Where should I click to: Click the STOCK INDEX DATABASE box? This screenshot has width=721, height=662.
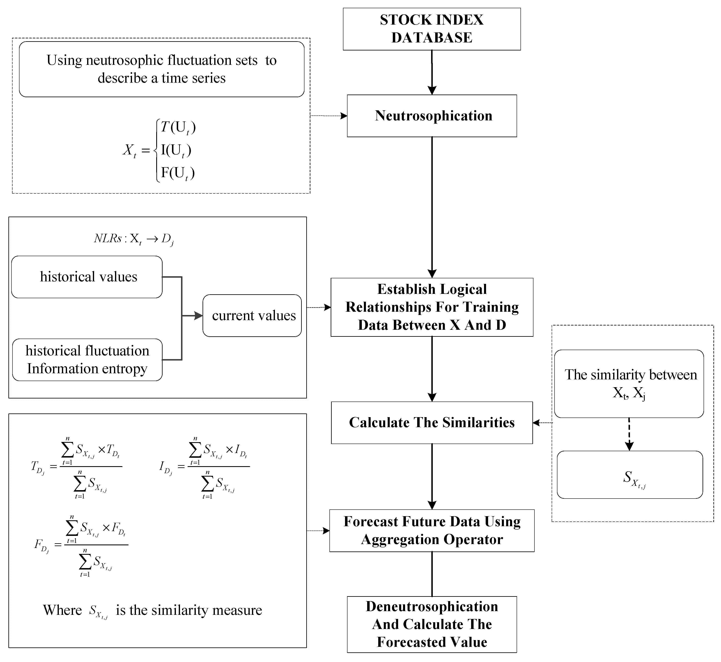(x=432, y=29)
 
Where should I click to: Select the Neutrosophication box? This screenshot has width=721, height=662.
(x=432, y=116)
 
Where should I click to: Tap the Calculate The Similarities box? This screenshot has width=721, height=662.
(x=432, y=423)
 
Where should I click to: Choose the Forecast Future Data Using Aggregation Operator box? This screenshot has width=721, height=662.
(x=432, y=531)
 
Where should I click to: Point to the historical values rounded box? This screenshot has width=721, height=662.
(x=87, y=277)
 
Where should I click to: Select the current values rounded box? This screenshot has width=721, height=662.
(x=252, y=316)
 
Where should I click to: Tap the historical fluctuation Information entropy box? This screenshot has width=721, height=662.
(x=87, y=360)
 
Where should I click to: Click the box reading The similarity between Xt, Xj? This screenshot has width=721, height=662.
(x=629, y=384)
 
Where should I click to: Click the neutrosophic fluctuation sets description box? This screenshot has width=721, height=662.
(x=162, y=69)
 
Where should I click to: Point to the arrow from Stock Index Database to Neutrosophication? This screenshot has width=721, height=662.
(x=432, y=72)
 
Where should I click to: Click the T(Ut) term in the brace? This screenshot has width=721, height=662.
(x=178, y=128)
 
